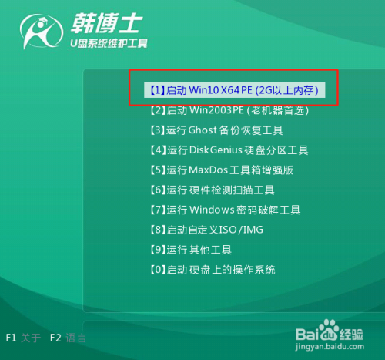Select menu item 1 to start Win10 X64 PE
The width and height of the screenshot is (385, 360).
236,90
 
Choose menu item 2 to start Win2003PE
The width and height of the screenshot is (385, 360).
229,110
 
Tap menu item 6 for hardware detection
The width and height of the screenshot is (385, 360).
212,190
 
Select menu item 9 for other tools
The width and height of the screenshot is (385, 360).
190,250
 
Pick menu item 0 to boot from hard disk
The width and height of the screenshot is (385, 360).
212,270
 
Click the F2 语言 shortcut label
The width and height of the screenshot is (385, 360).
68,338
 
